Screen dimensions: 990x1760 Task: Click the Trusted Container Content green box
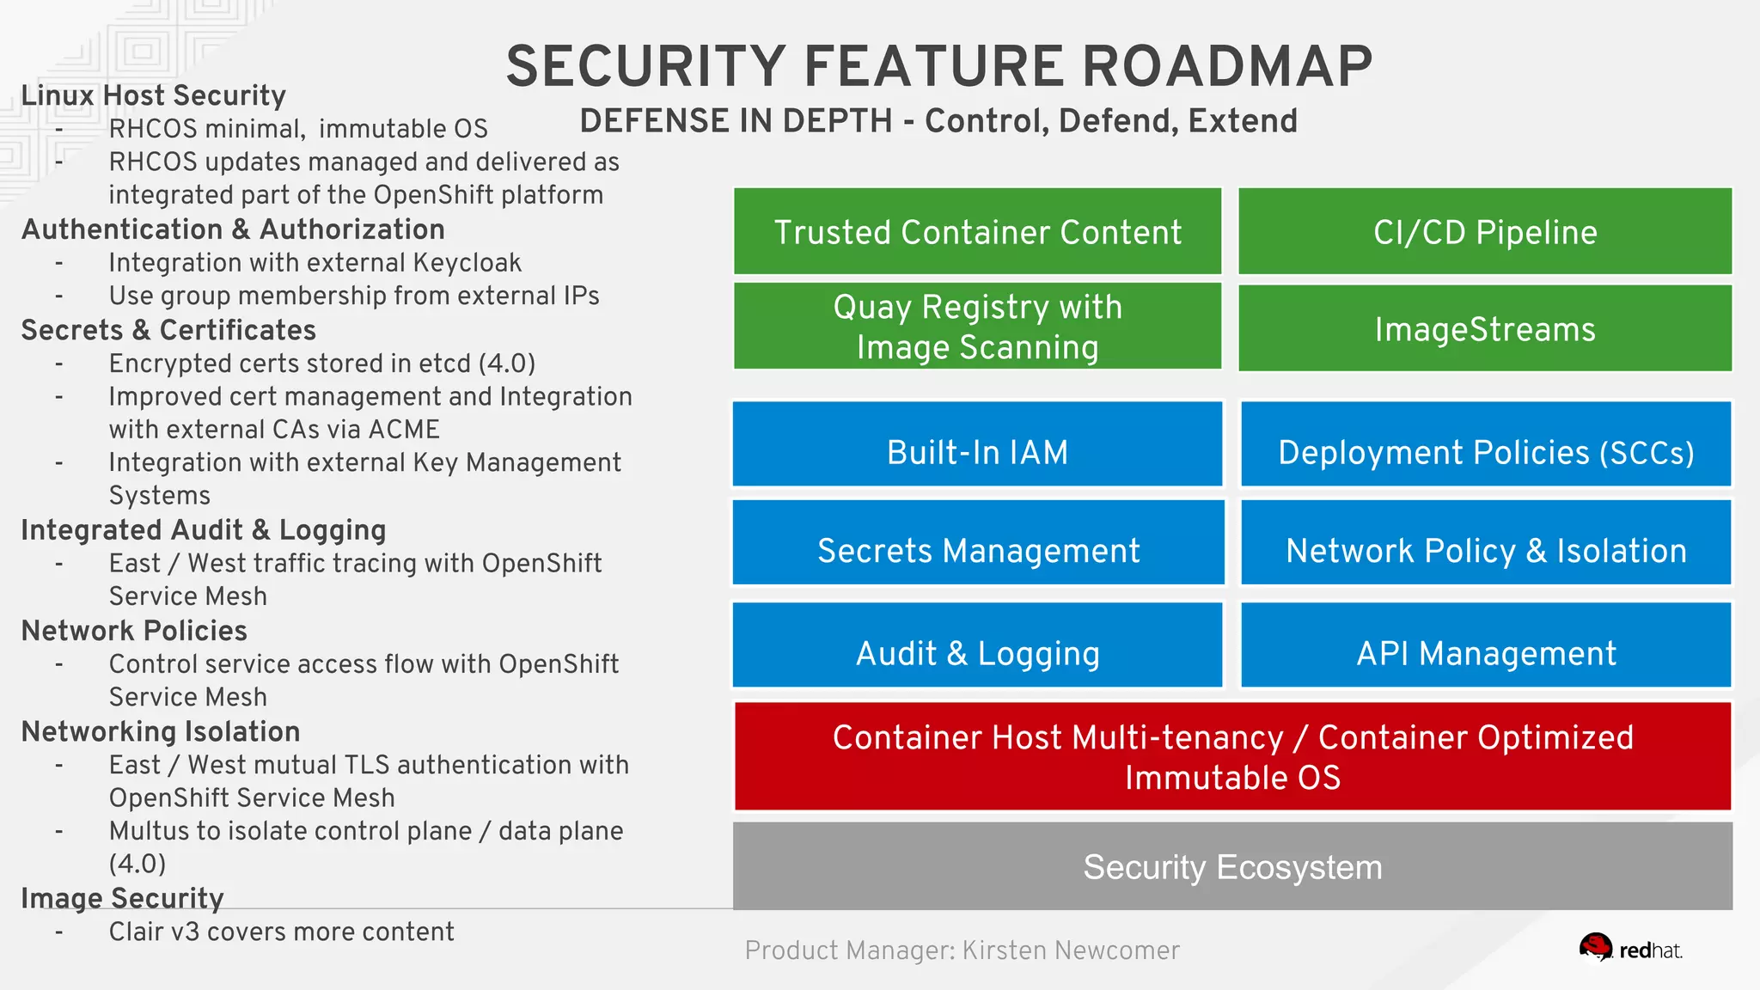click(977, 232)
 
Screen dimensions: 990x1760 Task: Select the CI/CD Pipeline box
click(1484, 232)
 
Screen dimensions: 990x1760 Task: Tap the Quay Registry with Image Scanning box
click(977, 327)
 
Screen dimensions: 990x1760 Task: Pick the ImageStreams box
click(1484, 329)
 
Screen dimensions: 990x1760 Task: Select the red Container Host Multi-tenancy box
click(1232, 756)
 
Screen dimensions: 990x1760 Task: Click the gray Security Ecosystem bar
click(1232, 866)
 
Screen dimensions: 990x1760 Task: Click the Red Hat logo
click(1629, 949)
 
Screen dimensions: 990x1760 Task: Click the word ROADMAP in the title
click(1226, 67)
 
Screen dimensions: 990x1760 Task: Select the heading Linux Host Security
click(153, 95)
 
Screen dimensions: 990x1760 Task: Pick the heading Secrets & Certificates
click(168, 330)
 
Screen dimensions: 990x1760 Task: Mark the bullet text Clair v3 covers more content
click(281, 932)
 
